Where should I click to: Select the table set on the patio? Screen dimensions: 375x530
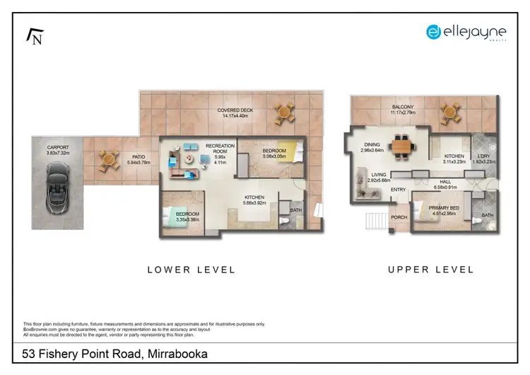pyautogui.click(x=107, y=160)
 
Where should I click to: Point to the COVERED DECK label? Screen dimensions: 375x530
pyautogui.click(x=235, y=110)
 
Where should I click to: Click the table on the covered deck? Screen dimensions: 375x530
pyautogui.click(x=284, y=112)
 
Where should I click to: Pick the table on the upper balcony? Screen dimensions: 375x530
pyautogui.click(x=449, y=112)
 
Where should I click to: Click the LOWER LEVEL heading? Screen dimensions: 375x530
pyautogui.click(x=191, y=270)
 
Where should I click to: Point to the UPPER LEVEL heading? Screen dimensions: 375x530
pyautogui.click(x=430, y=270)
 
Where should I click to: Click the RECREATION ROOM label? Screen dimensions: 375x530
pyautogui.click(x=220, y=149)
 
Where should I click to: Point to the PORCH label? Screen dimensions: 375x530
pyautogui.click(x=399, y=217)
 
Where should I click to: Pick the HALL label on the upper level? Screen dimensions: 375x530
pyautogui.click(x=444, y=182)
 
